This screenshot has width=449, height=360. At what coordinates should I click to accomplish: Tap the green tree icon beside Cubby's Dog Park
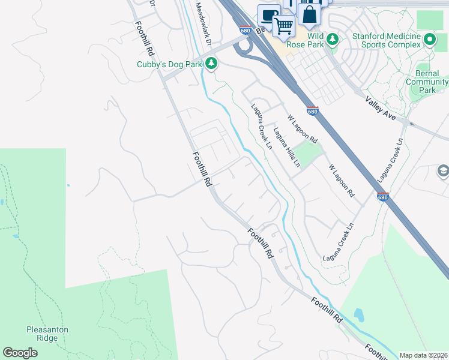pyautogui.click(x=211, y=63)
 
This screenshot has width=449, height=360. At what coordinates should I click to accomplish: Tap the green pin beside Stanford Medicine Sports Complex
pyautogui.click(x=430, y=40)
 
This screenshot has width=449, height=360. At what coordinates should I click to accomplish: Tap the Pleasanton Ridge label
pyautogui.click(x=47, y=334)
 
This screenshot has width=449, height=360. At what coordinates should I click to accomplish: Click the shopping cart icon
pyautogui.click(x=283, y=26)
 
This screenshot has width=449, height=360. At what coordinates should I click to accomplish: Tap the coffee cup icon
pyautogui.click(x=269, y=15)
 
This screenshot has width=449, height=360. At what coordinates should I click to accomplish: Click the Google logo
pyautogui.click(x=20, y=353)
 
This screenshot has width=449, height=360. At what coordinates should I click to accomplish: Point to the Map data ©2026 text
pyautogui.click(x=423, y=355)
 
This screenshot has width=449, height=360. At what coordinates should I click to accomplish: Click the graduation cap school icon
pyautogui.click(x=443, y=172)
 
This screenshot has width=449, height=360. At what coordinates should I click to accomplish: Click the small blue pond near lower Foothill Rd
pyautogui.click(x=359, y=314)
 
